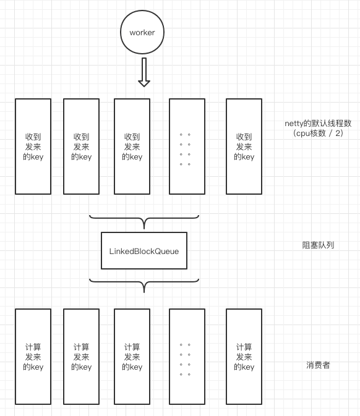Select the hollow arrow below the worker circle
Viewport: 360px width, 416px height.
click(x=144, y=72)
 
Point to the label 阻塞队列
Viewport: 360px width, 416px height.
click(x=318, y=245)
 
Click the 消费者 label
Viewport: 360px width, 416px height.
click(x=318, y=365)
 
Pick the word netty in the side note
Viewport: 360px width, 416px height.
click(x=294, y=124)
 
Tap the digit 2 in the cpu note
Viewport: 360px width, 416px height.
click(x=338, y=133)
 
